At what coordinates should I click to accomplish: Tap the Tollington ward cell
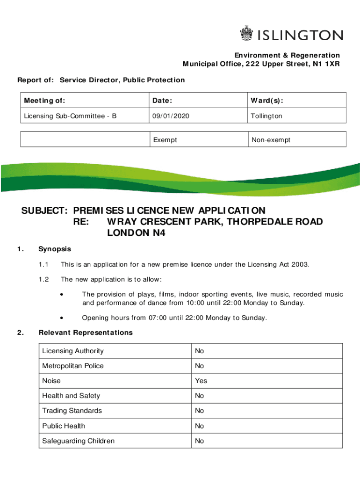[x=266, y=116]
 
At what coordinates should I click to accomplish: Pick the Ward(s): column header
[x=267, y=101]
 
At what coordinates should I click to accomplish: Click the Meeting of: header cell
[x=44, y=101]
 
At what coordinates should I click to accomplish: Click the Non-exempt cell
[x=271, y=140]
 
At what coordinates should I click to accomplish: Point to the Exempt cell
[x=165, y=140]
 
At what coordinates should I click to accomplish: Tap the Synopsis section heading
[x=55, y=249]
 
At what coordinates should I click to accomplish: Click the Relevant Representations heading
[x=86, y=333]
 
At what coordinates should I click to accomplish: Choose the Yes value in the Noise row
[x=201, y=381]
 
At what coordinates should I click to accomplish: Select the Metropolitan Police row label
[x=73, y=366]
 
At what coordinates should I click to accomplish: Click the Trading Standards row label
[x=72, y=411]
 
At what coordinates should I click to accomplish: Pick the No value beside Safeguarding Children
[x=200, y=441]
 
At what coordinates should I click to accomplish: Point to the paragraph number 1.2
[x=44, y=279]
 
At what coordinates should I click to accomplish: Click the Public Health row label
[x=64, y=426]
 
